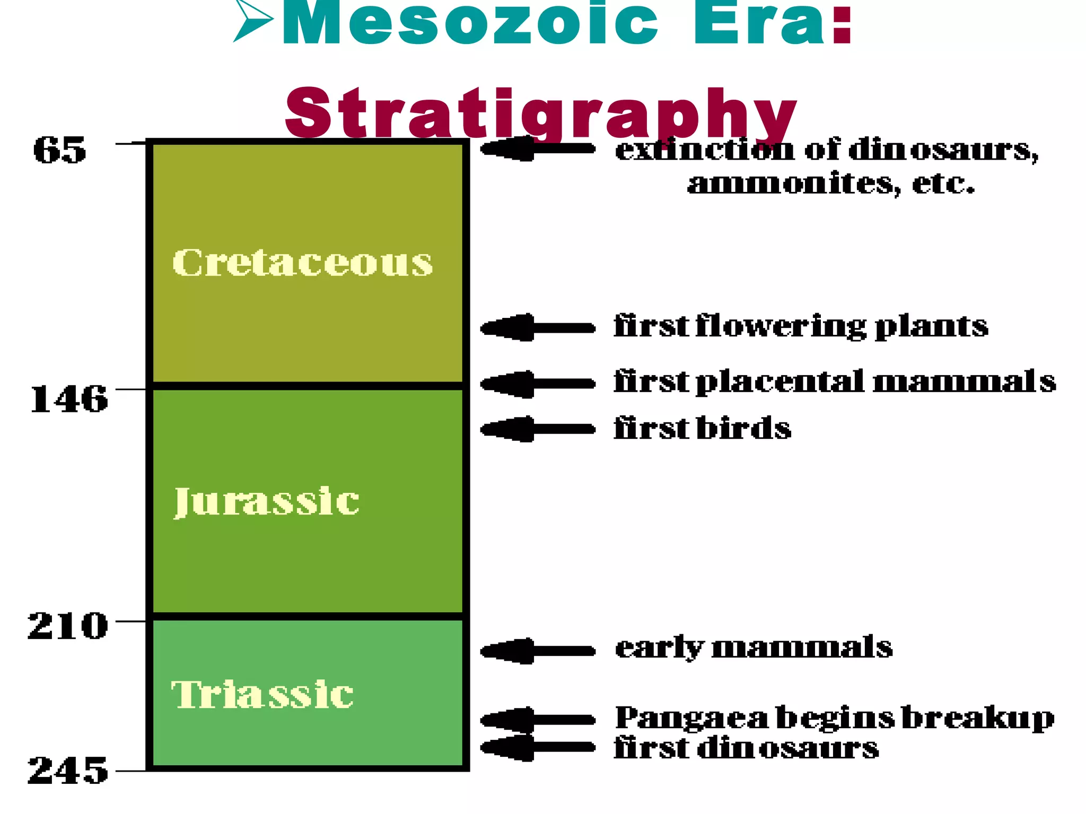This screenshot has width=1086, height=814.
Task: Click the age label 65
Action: pos(59,150)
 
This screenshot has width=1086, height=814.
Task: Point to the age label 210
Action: pos(68,626)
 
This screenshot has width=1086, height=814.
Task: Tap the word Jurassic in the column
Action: pos(267,501)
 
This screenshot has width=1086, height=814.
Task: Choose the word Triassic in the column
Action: pos(262,694)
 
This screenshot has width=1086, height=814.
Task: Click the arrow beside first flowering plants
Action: pos(537,328)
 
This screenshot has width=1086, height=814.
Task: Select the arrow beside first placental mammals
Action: pos(537,384)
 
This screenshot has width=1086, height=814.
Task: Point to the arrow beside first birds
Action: pos(537,429)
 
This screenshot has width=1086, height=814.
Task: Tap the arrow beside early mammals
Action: pos(537,650)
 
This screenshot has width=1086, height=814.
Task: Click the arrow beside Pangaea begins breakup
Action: pos(537,719)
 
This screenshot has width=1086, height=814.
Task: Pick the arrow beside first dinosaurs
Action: pos(537,747)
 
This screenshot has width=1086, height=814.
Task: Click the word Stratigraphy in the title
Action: pos(541,114)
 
